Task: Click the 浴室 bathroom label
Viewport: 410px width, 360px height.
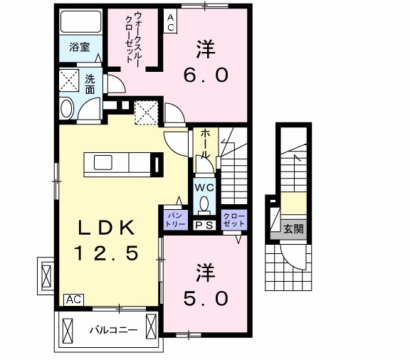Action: [x=79, y=48]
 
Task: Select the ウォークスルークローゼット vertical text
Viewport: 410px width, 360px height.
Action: [x=132, y=40]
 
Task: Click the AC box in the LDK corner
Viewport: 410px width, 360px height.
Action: [x=73, y=300]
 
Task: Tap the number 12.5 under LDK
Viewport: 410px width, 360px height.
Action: [x=107, y=252]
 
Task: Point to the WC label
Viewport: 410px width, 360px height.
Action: [x=204, y=188]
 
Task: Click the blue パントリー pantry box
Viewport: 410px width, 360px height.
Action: [x=174, y=219]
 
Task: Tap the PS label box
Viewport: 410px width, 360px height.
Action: [x=204, y=224]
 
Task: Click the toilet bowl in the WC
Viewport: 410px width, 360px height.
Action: [x=205, y=205]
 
